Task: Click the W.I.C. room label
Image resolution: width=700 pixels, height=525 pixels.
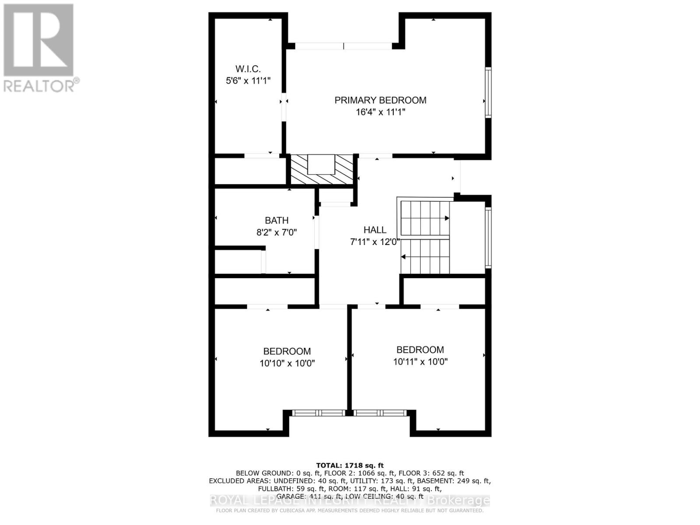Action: pyautogui.click(x=248, y=69)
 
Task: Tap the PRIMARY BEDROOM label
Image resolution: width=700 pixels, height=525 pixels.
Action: pyautogui.click(x=380, y=100)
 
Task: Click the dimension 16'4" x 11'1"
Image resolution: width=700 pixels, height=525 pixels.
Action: pyautogui.click(x=380, y=112)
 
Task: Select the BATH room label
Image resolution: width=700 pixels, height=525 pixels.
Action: pyautogui.click(x=276, y=220)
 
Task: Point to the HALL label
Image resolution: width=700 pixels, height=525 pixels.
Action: pyautogui.click(x=375, y=230)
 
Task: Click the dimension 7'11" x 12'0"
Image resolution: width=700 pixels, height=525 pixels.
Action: pyautogui.click(x=375, y=242)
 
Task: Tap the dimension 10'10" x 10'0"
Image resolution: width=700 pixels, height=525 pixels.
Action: pyautogui.click(x=287, y=363)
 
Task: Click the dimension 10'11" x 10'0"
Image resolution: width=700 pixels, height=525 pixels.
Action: pyautogui.click(x=420, y=362)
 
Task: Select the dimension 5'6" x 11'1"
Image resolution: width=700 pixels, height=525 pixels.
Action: pyautogui.click(x=248, y=81)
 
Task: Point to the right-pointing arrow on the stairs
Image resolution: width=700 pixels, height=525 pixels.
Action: pyautogui.click(x=447, y=218)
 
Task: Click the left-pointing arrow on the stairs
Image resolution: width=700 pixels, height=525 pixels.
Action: pyautogui.click(x=404, y=257)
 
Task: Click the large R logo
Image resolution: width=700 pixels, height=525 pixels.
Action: pyautogui.click(x=38, y=39)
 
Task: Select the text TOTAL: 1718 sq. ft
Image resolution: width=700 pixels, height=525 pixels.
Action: pyautogui.click(x=350, y=465)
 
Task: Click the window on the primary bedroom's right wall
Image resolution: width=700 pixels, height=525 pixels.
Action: pyautogui.click(x=488, y=92)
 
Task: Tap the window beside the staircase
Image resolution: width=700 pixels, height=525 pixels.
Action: pyautogui.click(x=488, y=237)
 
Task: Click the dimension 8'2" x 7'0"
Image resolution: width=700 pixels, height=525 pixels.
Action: pyautogui.click(x=276, y=232)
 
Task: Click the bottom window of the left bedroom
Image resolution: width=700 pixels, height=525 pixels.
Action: pyautogui.click(x=318, y=413)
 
